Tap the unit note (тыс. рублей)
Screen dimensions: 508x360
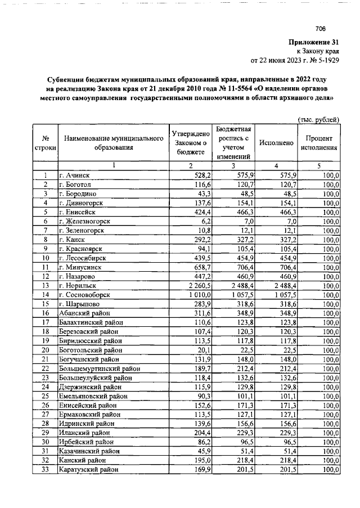point(318,119)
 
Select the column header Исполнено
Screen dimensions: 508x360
point(276,143)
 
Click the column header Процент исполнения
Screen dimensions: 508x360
point(322,143)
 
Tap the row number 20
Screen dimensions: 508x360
point(45,349)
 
